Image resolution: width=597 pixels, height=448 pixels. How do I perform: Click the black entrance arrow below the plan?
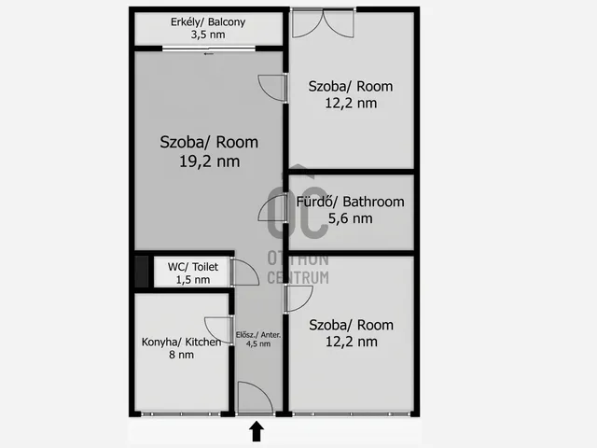pyautogui.click(x=257, y=431)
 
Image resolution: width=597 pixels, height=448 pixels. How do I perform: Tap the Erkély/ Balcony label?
pyautogui.click(x=208, y=22)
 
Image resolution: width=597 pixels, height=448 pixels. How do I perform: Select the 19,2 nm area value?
pyautogui.click(x=209, y=161)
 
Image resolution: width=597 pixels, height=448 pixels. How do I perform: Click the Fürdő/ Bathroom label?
pyautogui.click(x=351, y=202)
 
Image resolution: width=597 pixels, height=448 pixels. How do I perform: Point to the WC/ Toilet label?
pyautogui.click(x=193, y=267)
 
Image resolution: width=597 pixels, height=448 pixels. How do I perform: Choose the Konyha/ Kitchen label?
pyautogui.click(x=181, y=342)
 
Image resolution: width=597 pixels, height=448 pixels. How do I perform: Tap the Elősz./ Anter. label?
pyautogui.click(x=258, y=335)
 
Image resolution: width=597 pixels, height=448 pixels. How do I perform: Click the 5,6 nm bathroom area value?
pyautogui.click(x=351, y=218)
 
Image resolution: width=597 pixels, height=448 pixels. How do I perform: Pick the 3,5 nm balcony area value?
pyautogui.click(x=208, y=35)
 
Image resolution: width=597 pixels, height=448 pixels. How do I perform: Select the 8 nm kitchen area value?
pyautogui.click(x=181, y=355)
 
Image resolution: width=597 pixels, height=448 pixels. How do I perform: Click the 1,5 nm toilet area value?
pyautogui.click(x=193, y=280)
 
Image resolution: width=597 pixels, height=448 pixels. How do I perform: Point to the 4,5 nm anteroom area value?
pyautogui.click(x=258, y=343)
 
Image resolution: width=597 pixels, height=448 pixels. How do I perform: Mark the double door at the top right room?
pyautogui.click(x=323, y=23)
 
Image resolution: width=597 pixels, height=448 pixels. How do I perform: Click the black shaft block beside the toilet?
pyautogui.click(x=142, y=272)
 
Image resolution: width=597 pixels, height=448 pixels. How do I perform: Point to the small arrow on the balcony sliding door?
pyautogui.click(x=209, y=54)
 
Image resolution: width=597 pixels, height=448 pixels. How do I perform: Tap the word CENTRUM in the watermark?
pyautogui.click(x=298, y=277)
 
